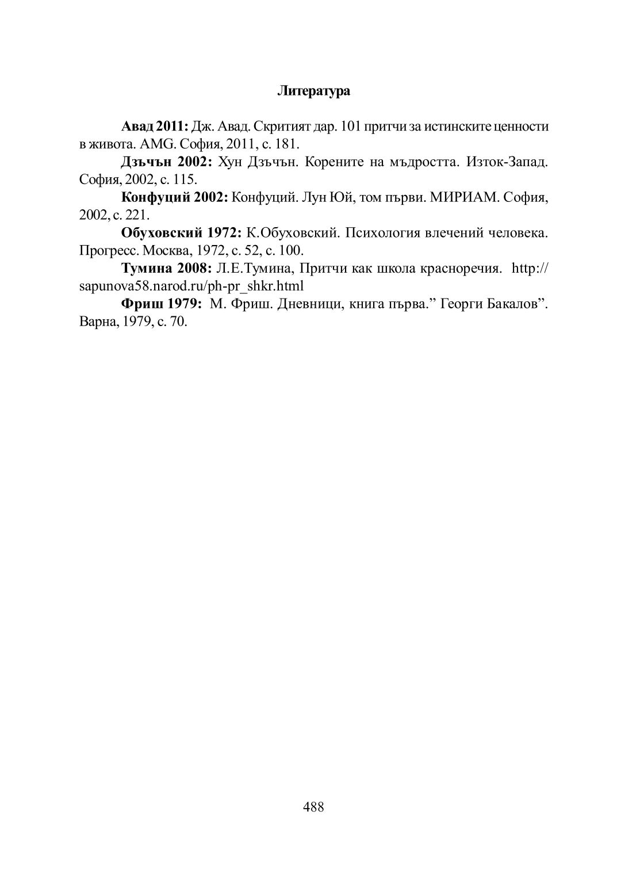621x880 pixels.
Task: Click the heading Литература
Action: click(x=313, y=91)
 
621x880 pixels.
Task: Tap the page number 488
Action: click(x=313, y=807)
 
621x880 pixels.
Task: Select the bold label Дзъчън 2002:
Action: click(x=167, y=162)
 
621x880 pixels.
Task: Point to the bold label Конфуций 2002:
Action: click(x=175, y=198)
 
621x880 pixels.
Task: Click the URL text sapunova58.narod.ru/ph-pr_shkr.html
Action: click(x=191, y=286)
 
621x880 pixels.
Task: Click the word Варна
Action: click(x=97, y=322)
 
